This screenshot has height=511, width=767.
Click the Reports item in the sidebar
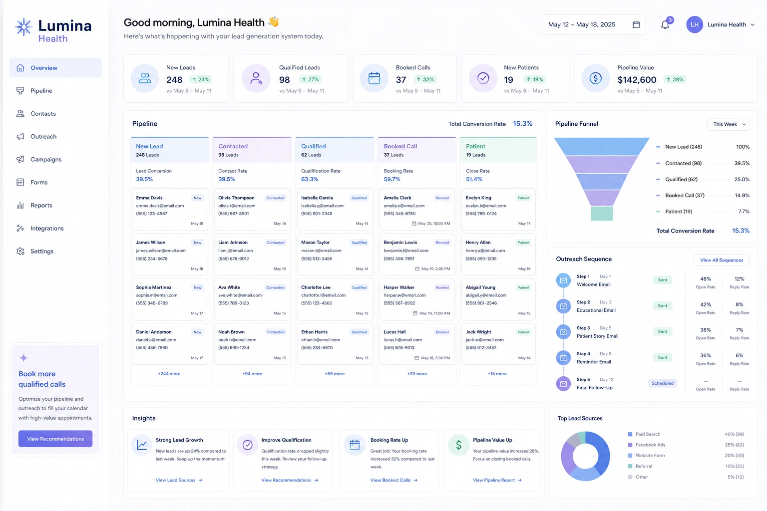41,206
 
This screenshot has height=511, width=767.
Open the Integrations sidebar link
47,228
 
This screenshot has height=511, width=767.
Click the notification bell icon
665,24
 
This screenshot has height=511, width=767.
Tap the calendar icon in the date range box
636,24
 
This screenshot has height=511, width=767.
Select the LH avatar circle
695,24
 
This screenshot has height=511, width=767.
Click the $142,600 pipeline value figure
637,80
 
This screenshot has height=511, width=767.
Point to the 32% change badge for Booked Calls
425,79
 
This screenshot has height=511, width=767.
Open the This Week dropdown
729,124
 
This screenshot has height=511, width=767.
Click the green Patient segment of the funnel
602,213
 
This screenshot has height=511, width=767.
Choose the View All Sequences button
722,260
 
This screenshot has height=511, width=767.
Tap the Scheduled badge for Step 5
662,383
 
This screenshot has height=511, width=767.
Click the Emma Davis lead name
149,198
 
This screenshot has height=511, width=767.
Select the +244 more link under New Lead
169,374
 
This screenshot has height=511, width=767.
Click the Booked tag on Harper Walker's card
442,287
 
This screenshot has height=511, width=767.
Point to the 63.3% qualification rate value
310,179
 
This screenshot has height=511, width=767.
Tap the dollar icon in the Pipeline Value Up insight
458,445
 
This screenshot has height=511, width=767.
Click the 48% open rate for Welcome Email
706,279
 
